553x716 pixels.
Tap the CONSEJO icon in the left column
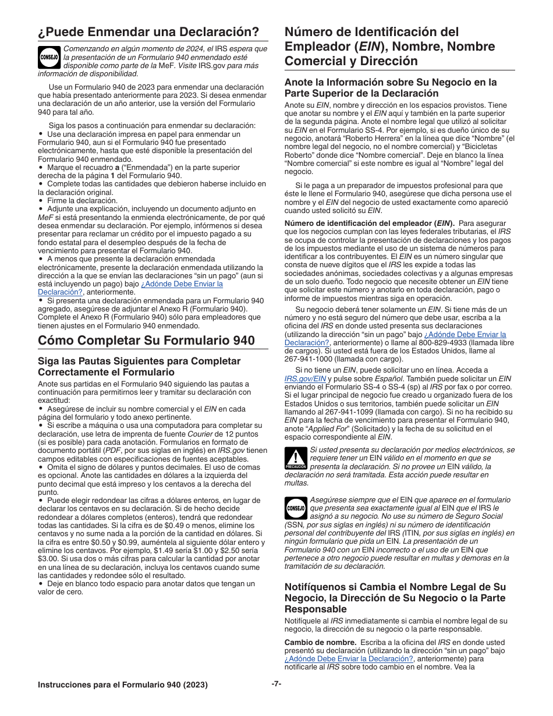(49, 57)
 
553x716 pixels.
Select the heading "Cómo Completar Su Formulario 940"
(146, 340)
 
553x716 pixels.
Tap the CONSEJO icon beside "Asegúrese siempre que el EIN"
(296, 508)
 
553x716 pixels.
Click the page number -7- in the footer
(276, 684)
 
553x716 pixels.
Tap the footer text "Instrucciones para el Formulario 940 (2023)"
(123, 685)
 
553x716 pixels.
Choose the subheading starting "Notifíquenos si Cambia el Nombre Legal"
(395, 598)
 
